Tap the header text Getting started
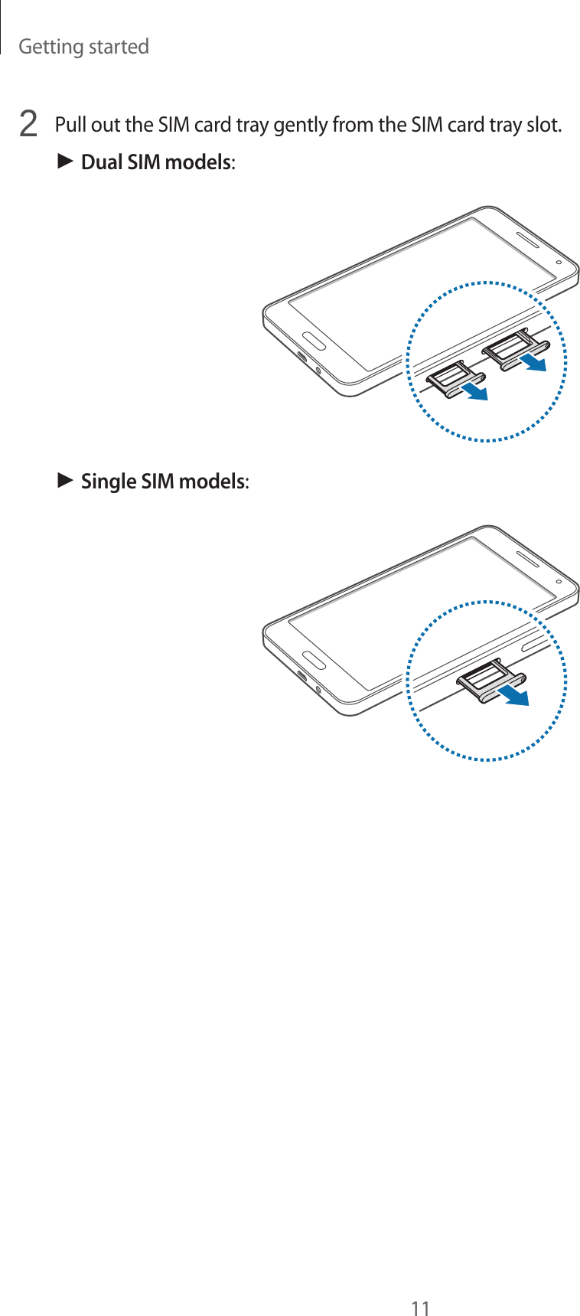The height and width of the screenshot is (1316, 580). point(83,47)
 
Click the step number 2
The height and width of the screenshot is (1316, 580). point(28,124)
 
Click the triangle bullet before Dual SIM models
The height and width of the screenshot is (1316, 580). point(65,162)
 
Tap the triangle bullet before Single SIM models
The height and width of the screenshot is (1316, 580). point(65,481)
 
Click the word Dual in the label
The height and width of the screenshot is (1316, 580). point(102,162)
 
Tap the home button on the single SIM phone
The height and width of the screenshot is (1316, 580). point(312,659)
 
